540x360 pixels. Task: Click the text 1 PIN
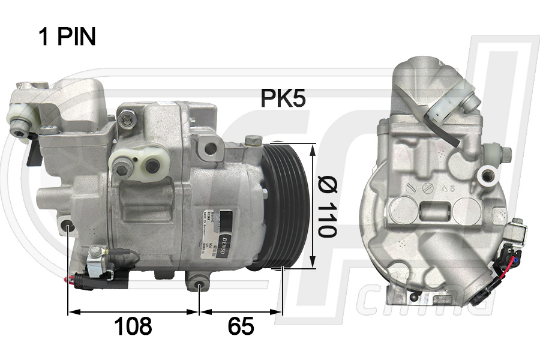[67, 37]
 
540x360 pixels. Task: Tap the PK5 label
[283, 98]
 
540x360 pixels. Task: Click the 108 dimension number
[133, 326]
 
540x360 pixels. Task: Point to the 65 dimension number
[241, 326]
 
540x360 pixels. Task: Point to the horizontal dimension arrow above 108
[133, 312]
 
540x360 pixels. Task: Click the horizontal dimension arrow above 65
[241, 312]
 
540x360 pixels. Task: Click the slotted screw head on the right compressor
[427, 188]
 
